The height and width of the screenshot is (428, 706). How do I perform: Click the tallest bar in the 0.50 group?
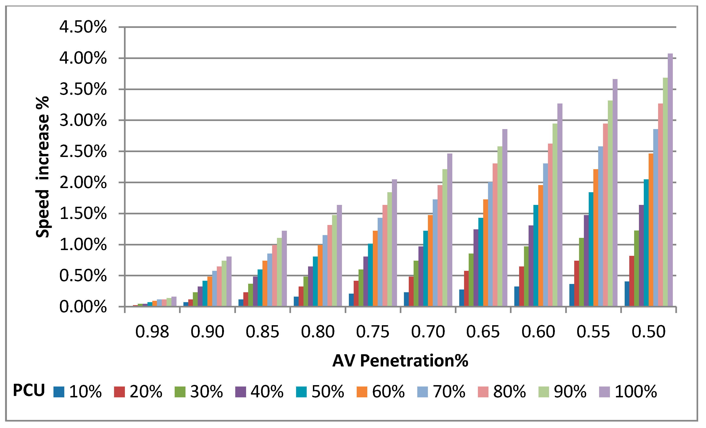[671, 180]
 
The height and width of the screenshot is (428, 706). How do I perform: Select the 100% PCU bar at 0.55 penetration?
[615, 193]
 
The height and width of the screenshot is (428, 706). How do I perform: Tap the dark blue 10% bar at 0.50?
[627, 294]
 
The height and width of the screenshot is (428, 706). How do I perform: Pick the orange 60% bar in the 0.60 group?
[541, 246]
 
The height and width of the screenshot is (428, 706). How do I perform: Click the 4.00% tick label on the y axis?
[83, 58]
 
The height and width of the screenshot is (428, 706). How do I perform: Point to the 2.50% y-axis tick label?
[83, 151]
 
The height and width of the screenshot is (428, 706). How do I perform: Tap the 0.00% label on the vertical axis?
[83, 307]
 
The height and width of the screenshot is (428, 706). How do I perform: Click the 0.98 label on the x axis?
[152, 332]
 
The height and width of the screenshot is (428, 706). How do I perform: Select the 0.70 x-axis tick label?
[428, 332]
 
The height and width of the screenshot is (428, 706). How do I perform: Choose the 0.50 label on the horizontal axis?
[649, 332]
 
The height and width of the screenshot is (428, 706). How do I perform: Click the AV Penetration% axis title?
[400, 361]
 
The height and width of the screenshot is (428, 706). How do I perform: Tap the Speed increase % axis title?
[42, 167]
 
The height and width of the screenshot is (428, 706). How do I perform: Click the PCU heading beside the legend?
[29, 390]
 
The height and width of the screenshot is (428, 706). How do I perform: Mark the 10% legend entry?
[77, 392]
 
